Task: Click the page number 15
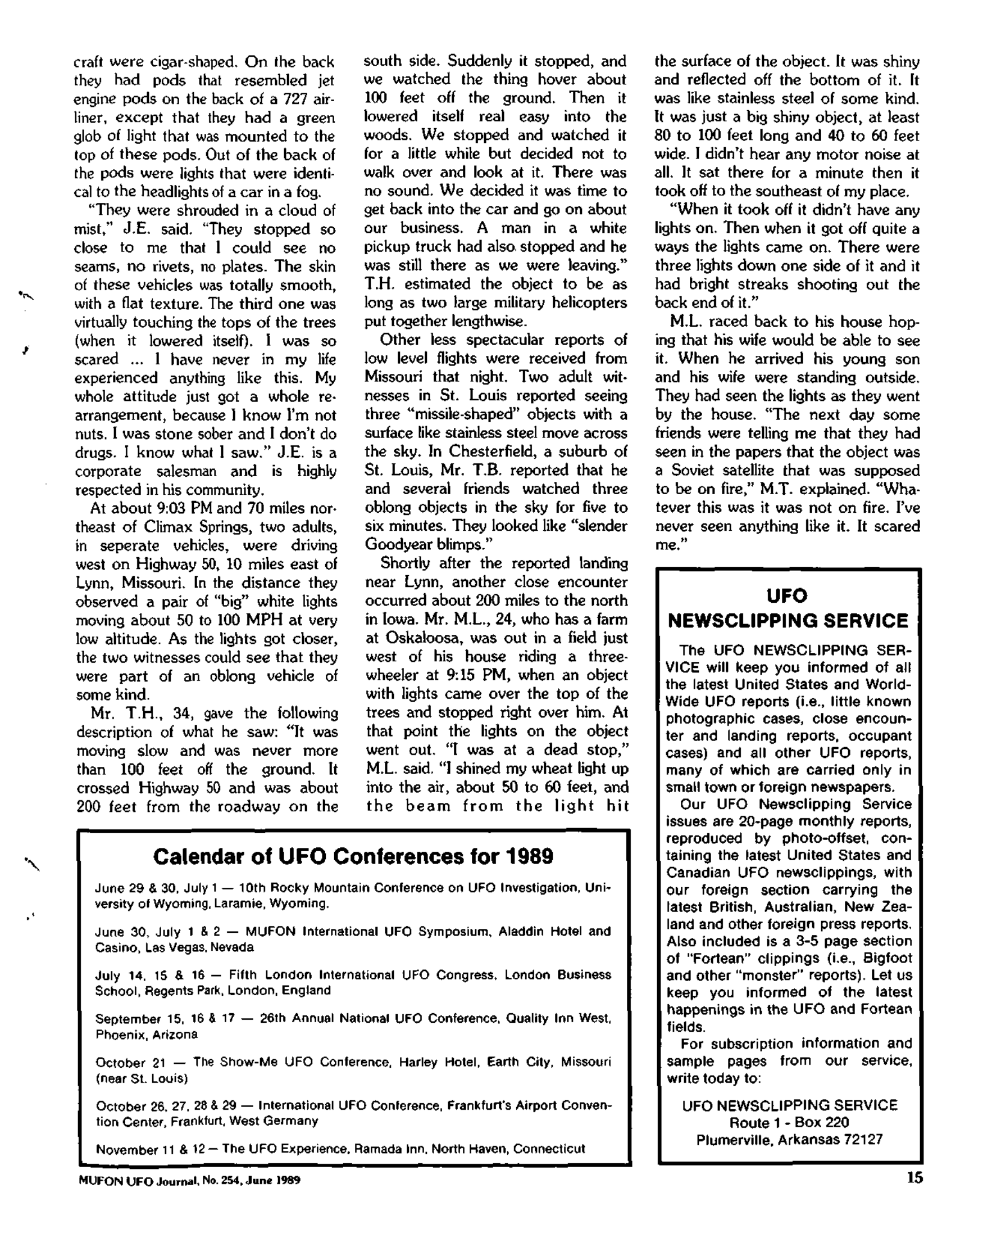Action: point(914,1178)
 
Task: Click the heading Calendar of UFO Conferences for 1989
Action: point(353,856)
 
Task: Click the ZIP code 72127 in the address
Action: point(863,1140)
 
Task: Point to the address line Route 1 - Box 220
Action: point(789,1123)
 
